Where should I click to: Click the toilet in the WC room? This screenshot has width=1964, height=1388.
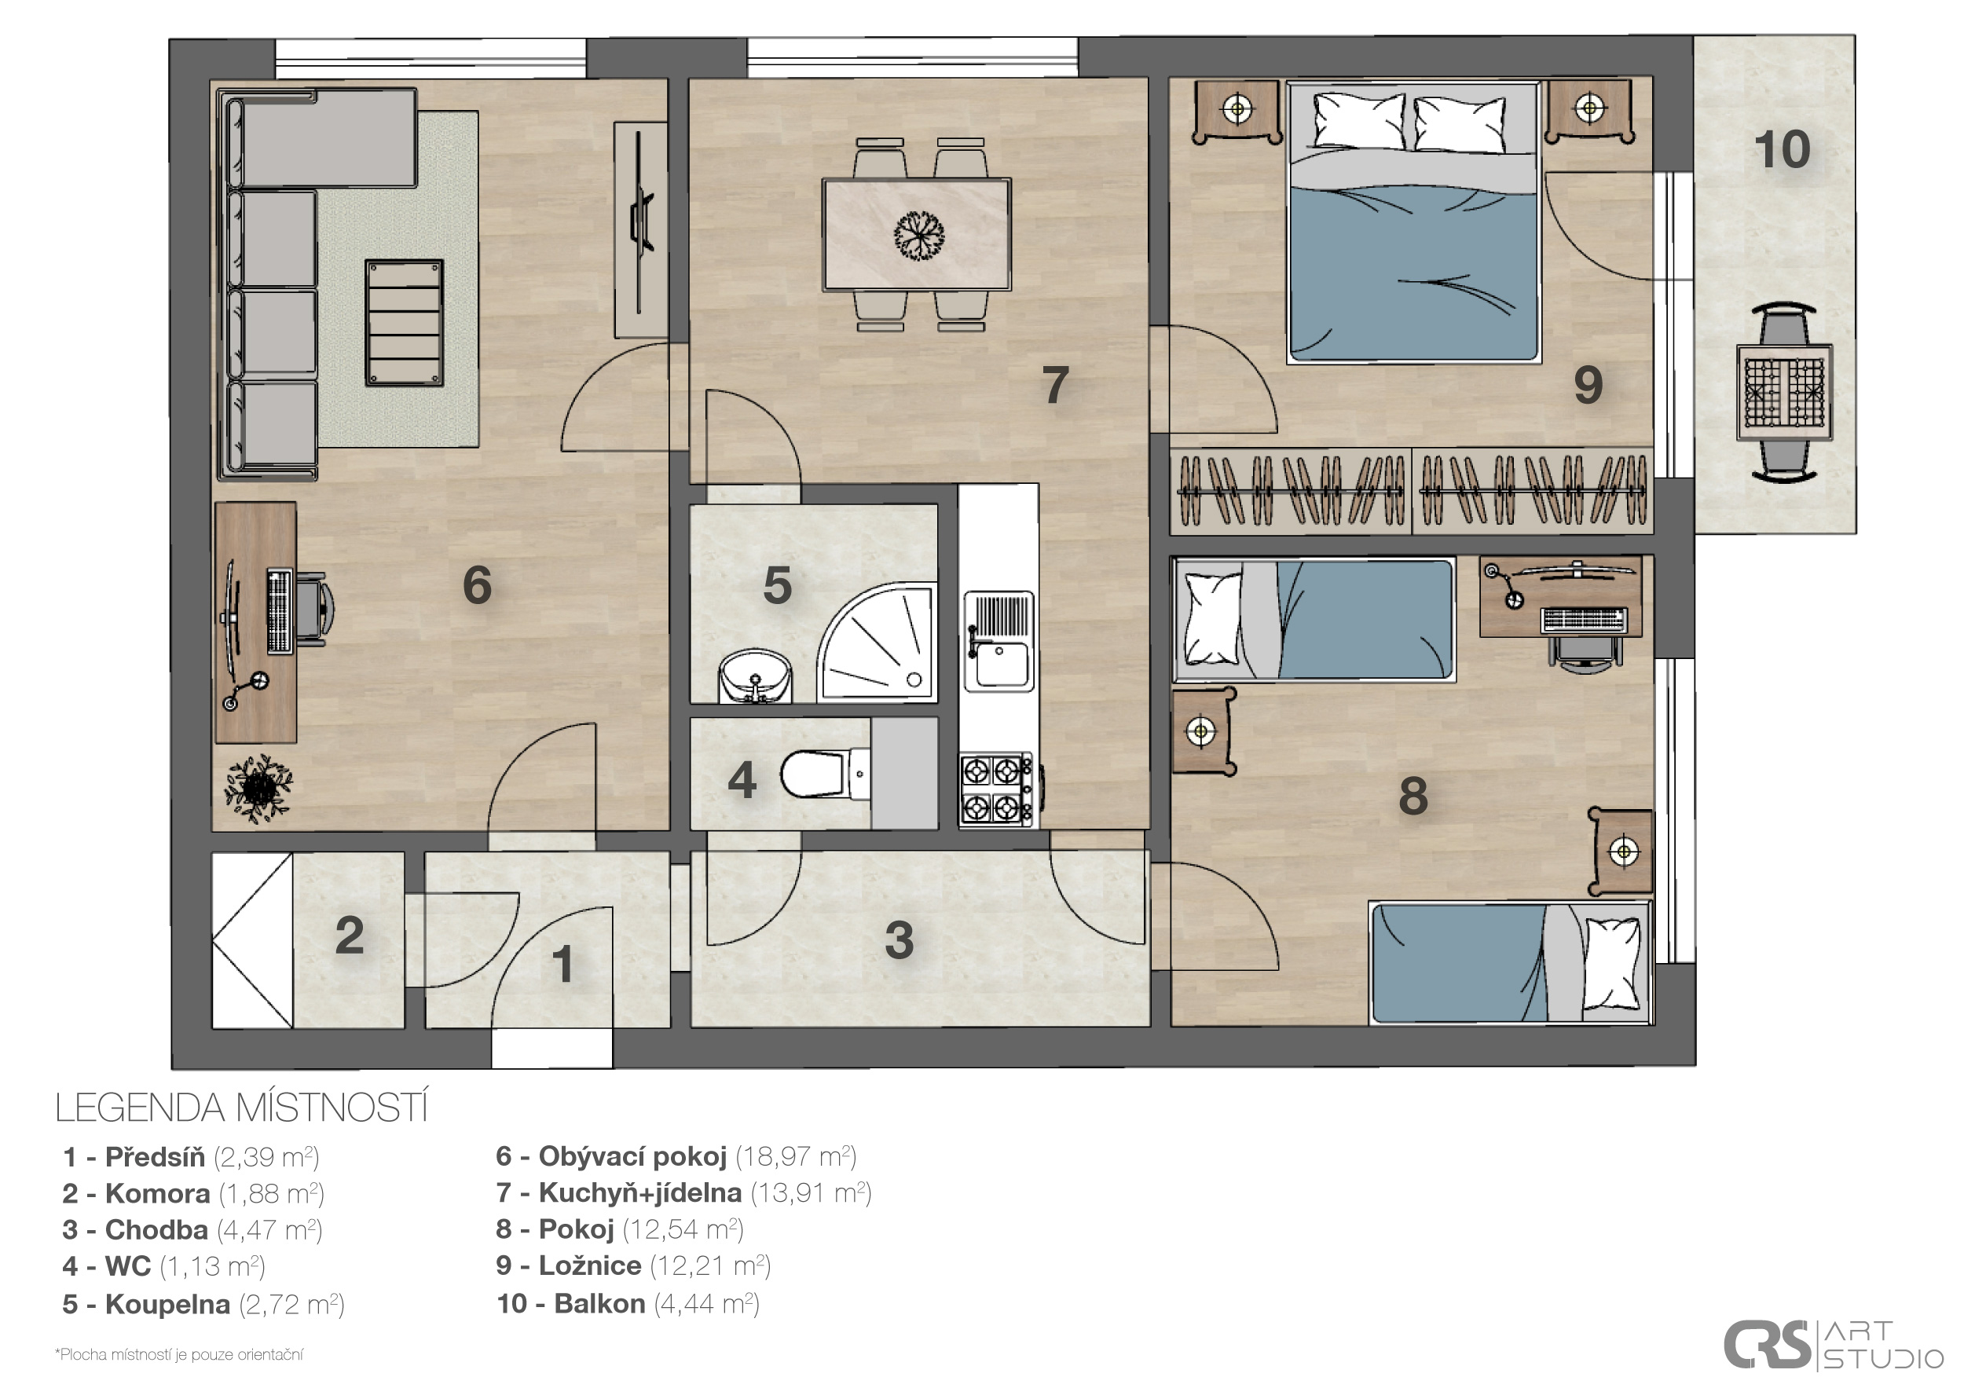click(825, 774)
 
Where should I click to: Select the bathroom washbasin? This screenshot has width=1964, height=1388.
click(755, 676)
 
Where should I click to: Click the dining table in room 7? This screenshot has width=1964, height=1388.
click(916, 234)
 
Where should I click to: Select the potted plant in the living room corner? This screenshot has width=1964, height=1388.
click(258, 788)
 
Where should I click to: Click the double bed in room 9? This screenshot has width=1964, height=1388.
click(1415, 222)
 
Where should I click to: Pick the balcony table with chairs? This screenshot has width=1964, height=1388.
click(1784, 392)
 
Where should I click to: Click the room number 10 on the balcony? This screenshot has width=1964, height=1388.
click(1783, 150)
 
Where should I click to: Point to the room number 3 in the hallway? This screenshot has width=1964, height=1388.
click(899, 940)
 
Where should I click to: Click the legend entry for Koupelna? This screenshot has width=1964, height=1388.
click(203, 1304)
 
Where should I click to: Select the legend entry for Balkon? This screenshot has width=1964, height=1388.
click(627, 1303)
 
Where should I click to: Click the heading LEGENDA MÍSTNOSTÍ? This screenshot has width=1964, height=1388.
click(241, 1108)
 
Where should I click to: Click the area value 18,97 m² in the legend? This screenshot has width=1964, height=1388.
click(796, 1156)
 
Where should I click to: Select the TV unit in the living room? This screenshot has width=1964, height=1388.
click(641, 229)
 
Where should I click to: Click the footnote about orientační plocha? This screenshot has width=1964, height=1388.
click(179, 1355)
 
